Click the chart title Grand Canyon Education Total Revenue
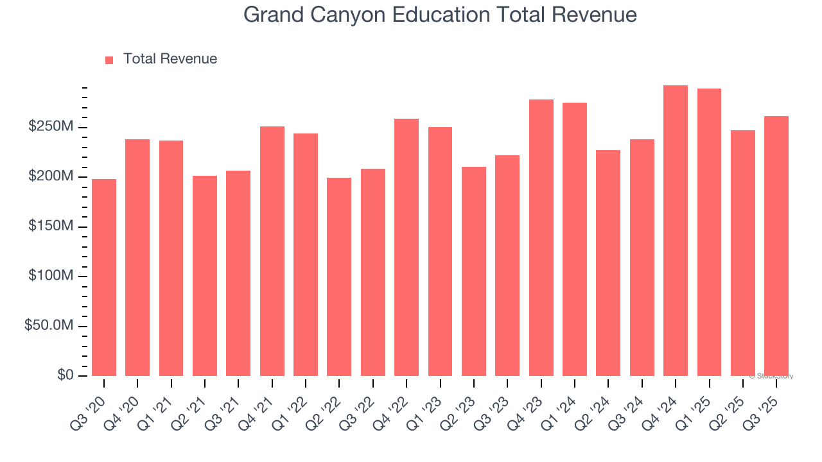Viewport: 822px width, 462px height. tap(440, 15)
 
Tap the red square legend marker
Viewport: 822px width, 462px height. tap(109, 60)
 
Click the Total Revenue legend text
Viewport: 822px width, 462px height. tap(170, 59)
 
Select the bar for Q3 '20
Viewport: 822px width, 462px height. tap(104, 277)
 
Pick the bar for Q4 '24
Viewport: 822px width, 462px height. tap(676, 230)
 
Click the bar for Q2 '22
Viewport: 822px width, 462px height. tap(339, 277)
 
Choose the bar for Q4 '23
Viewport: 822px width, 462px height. tap(541, 237)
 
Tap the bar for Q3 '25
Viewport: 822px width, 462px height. tap(776, 246)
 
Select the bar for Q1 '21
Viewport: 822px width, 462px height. tap(171, 258)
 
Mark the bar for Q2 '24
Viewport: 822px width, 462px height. tap(608, 263)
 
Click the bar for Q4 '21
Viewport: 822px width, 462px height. tap(272, 251)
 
